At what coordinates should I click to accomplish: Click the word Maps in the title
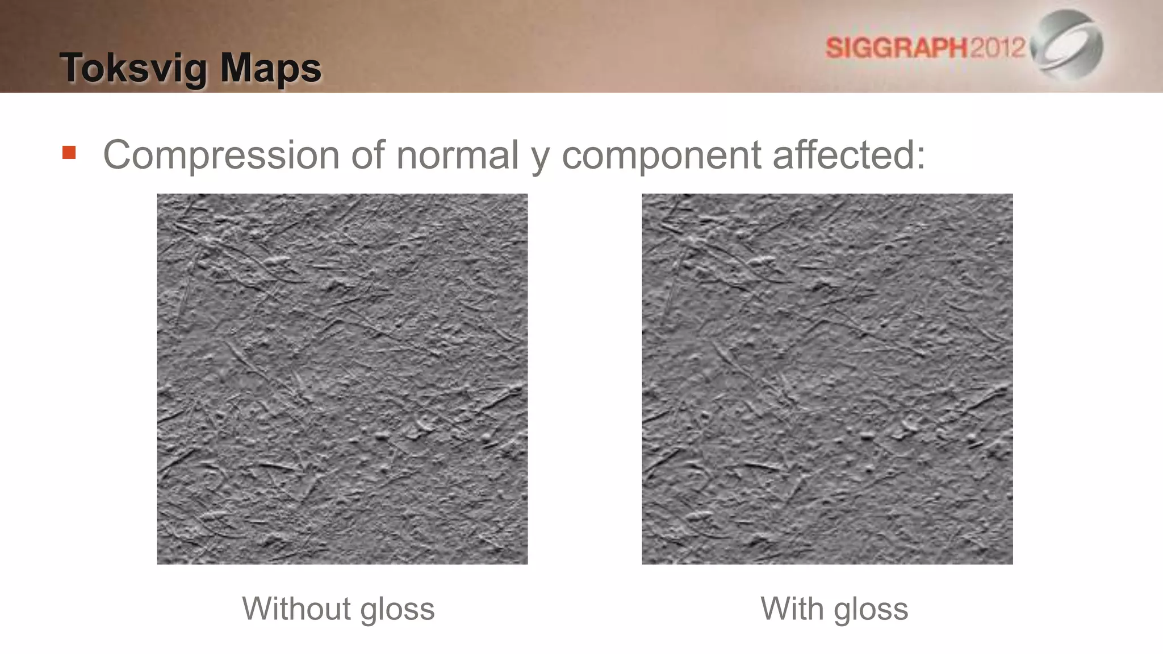[271, 69]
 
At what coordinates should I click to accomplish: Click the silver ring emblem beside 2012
[1068, 44]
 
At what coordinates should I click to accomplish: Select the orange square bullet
[69, 153]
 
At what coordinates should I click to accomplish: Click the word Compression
[221, 154]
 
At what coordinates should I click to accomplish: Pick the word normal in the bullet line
[457, 154]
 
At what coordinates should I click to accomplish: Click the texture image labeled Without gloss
[342, 379]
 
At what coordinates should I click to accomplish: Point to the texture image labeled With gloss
[827, 379]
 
